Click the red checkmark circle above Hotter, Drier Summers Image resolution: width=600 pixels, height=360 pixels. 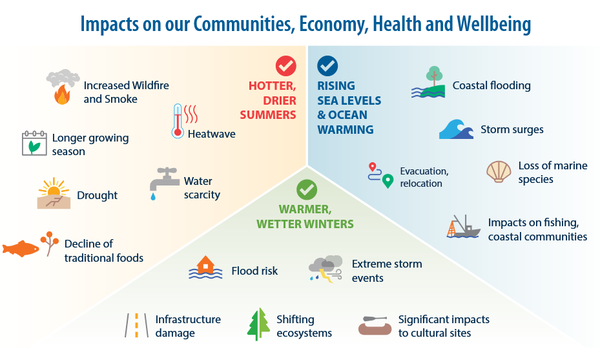pyautogui.click(x=285, y=66)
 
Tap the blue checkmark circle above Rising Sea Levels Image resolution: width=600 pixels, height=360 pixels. pyautogui.click(x=327, y=65)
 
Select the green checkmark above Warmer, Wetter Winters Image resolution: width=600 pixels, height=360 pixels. pyautogui.click(x=307, y=189)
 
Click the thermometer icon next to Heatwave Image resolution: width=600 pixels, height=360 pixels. pyautogui.click(x=178, y=121)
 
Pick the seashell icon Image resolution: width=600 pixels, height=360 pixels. pyautogui.click(x=498, y=172)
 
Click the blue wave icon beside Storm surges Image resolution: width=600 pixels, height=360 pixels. pyautogui.click(x=456, y=129)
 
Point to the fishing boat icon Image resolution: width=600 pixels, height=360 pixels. pyautogui.click(x=463, y=227)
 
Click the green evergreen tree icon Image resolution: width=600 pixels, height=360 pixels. pyautogui.click(x=258, y=324)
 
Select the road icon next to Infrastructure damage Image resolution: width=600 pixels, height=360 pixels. pyautogui.click(x=136, y=325)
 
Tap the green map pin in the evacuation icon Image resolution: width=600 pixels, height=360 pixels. pyautogui.click(x=388, y=182)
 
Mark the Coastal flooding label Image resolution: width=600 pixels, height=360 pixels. pyautogui.click(x=491, y=85)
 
